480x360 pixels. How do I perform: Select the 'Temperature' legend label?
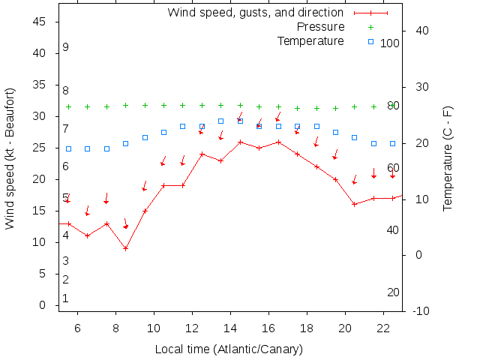click(x=310, y=40)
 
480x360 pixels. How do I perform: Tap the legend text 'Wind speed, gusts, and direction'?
click(x=255, y=13)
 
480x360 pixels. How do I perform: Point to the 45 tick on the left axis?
click(x=40, y=22)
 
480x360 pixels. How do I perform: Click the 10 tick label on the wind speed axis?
click(x=40, y=242)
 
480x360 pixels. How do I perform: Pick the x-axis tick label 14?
click(x=230, y=328)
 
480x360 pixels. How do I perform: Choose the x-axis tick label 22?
click(x=383, y=328)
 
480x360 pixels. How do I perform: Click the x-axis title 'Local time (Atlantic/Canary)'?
click(x=229, y=349)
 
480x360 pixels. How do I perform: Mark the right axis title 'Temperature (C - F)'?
click(x=448, y=158)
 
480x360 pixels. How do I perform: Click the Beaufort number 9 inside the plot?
click(x=66, y=47)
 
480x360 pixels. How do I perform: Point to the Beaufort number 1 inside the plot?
click(x=66, y=298)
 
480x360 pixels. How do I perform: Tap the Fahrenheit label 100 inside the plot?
click(x=390, y=43)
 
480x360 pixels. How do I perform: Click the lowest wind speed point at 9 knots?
click(x=126, y=248)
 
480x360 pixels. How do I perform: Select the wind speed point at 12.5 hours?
click(x=202, y=154)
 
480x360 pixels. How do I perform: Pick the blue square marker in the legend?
click(x=370, y=40)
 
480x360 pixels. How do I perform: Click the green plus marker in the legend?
click(x=370, y=27)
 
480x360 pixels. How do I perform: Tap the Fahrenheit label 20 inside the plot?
click(x=393, y=292)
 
